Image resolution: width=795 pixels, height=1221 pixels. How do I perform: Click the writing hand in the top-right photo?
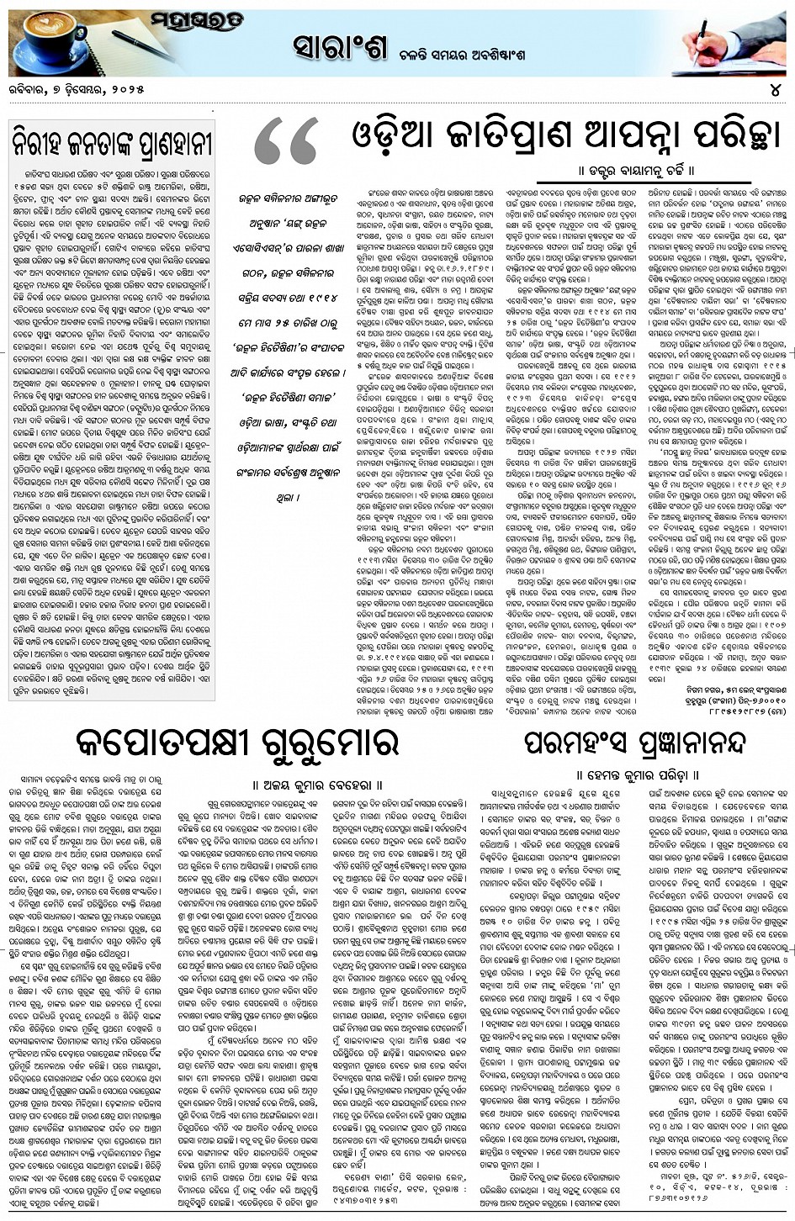[723, 42]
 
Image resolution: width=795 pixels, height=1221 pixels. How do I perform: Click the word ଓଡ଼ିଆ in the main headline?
[395, 136]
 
